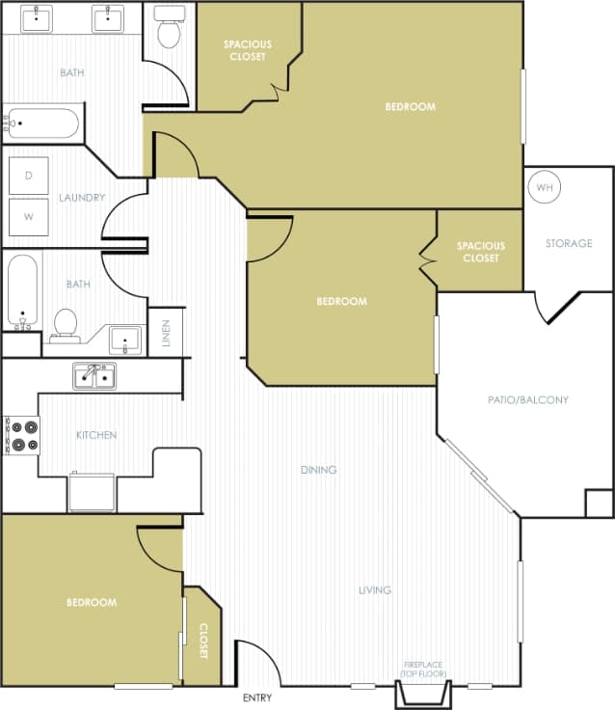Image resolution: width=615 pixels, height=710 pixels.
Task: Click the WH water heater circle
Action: point(545,187)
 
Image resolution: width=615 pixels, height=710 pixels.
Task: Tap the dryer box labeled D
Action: point(29,175)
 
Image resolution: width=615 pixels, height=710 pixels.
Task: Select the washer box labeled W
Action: point(29,216)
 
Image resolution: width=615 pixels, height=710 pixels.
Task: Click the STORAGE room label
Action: point(569,243)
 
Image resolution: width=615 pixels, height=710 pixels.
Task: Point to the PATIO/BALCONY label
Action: point(528,399)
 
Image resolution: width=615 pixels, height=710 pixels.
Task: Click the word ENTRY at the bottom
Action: point(257,697)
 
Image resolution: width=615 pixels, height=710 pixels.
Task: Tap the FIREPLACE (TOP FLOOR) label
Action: point(425,669)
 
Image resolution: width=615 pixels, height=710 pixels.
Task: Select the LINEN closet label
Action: point(166,333)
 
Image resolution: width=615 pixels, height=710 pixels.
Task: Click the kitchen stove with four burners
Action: point(21,435)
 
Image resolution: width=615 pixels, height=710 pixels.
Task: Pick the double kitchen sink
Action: point(94,375)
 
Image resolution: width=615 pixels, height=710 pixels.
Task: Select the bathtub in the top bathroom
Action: point(40,123)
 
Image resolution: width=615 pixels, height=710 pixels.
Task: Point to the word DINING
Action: point(318,470)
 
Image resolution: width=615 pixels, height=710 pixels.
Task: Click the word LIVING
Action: point(374,589)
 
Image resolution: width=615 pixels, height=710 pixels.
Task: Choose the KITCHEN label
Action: point(96,435)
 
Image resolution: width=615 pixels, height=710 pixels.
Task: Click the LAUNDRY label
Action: point(81,198)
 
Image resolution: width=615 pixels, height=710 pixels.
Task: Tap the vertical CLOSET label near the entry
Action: point(203,641)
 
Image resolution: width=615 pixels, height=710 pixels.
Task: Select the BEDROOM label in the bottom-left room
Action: point(92,602)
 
